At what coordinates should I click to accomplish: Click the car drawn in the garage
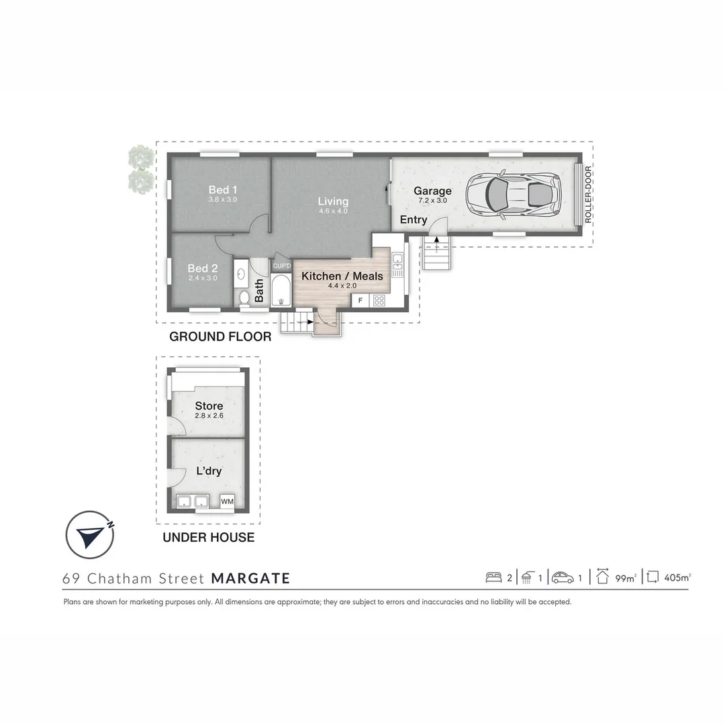(514, 195)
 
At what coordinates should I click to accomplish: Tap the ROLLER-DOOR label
(588, 194)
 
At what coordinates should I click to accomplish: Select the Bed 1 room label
(222, 190)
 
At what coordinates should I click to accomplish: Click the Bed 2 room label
(202, 269)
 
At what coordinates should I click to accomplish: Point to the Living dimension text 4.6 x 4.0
(333, 211)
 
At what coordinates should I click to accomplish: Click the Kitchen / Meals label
(342, 276)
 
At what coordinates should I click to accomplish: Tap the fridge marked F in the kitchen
(360, 300)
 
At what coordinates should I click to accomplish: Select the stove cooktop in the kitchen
(379, 300)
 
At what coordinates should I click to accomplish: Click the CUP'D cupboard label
(281, 266)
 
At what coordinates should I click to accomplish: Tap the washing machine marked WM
(227, 501)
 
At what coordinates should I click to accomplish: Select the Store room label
(209, 406)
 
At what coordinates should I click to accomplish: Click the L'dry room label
(209, 471)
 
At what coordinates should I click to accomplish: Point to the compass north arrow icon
(89, 535)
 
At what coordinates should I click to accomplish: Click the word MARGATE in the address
(250, 578)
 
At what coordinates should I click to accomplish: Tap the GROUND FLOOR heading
(220, 337)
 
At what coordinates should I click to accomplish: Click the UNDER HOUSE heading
(209, 537)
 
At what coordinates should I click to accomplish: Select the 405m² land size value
(677, 577)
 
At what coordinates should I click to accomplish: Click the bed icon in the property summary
(493, 577)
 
